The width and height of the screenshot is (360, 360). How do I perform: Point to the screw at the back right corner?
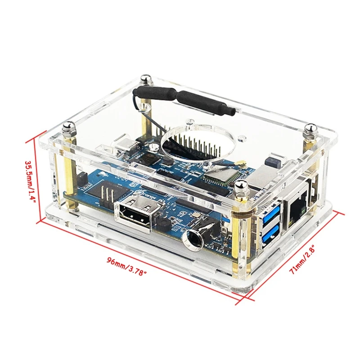coord(310,130)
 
